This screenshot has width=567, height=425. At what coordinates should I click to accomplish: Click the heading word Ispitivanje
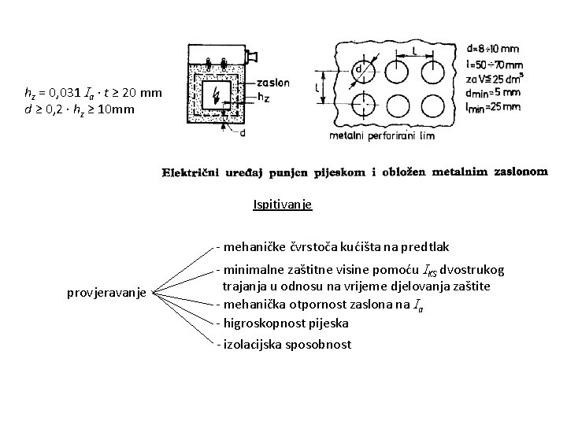click(x=283, y=205)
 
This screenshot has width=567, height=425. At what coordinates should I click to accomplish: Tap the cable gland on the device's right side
click(x=254, y=56)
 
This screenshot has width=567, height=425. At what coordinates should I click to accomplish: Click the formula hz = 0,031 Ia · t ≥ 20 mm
click(x=94, y=94)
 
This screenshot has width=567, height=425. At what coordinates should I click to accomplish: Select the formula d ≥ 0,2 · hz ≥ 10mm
click(x=80, y=109)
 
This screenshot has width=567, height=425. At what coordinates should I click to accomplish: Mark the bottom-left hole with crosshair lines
click(x=365, y=105)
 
